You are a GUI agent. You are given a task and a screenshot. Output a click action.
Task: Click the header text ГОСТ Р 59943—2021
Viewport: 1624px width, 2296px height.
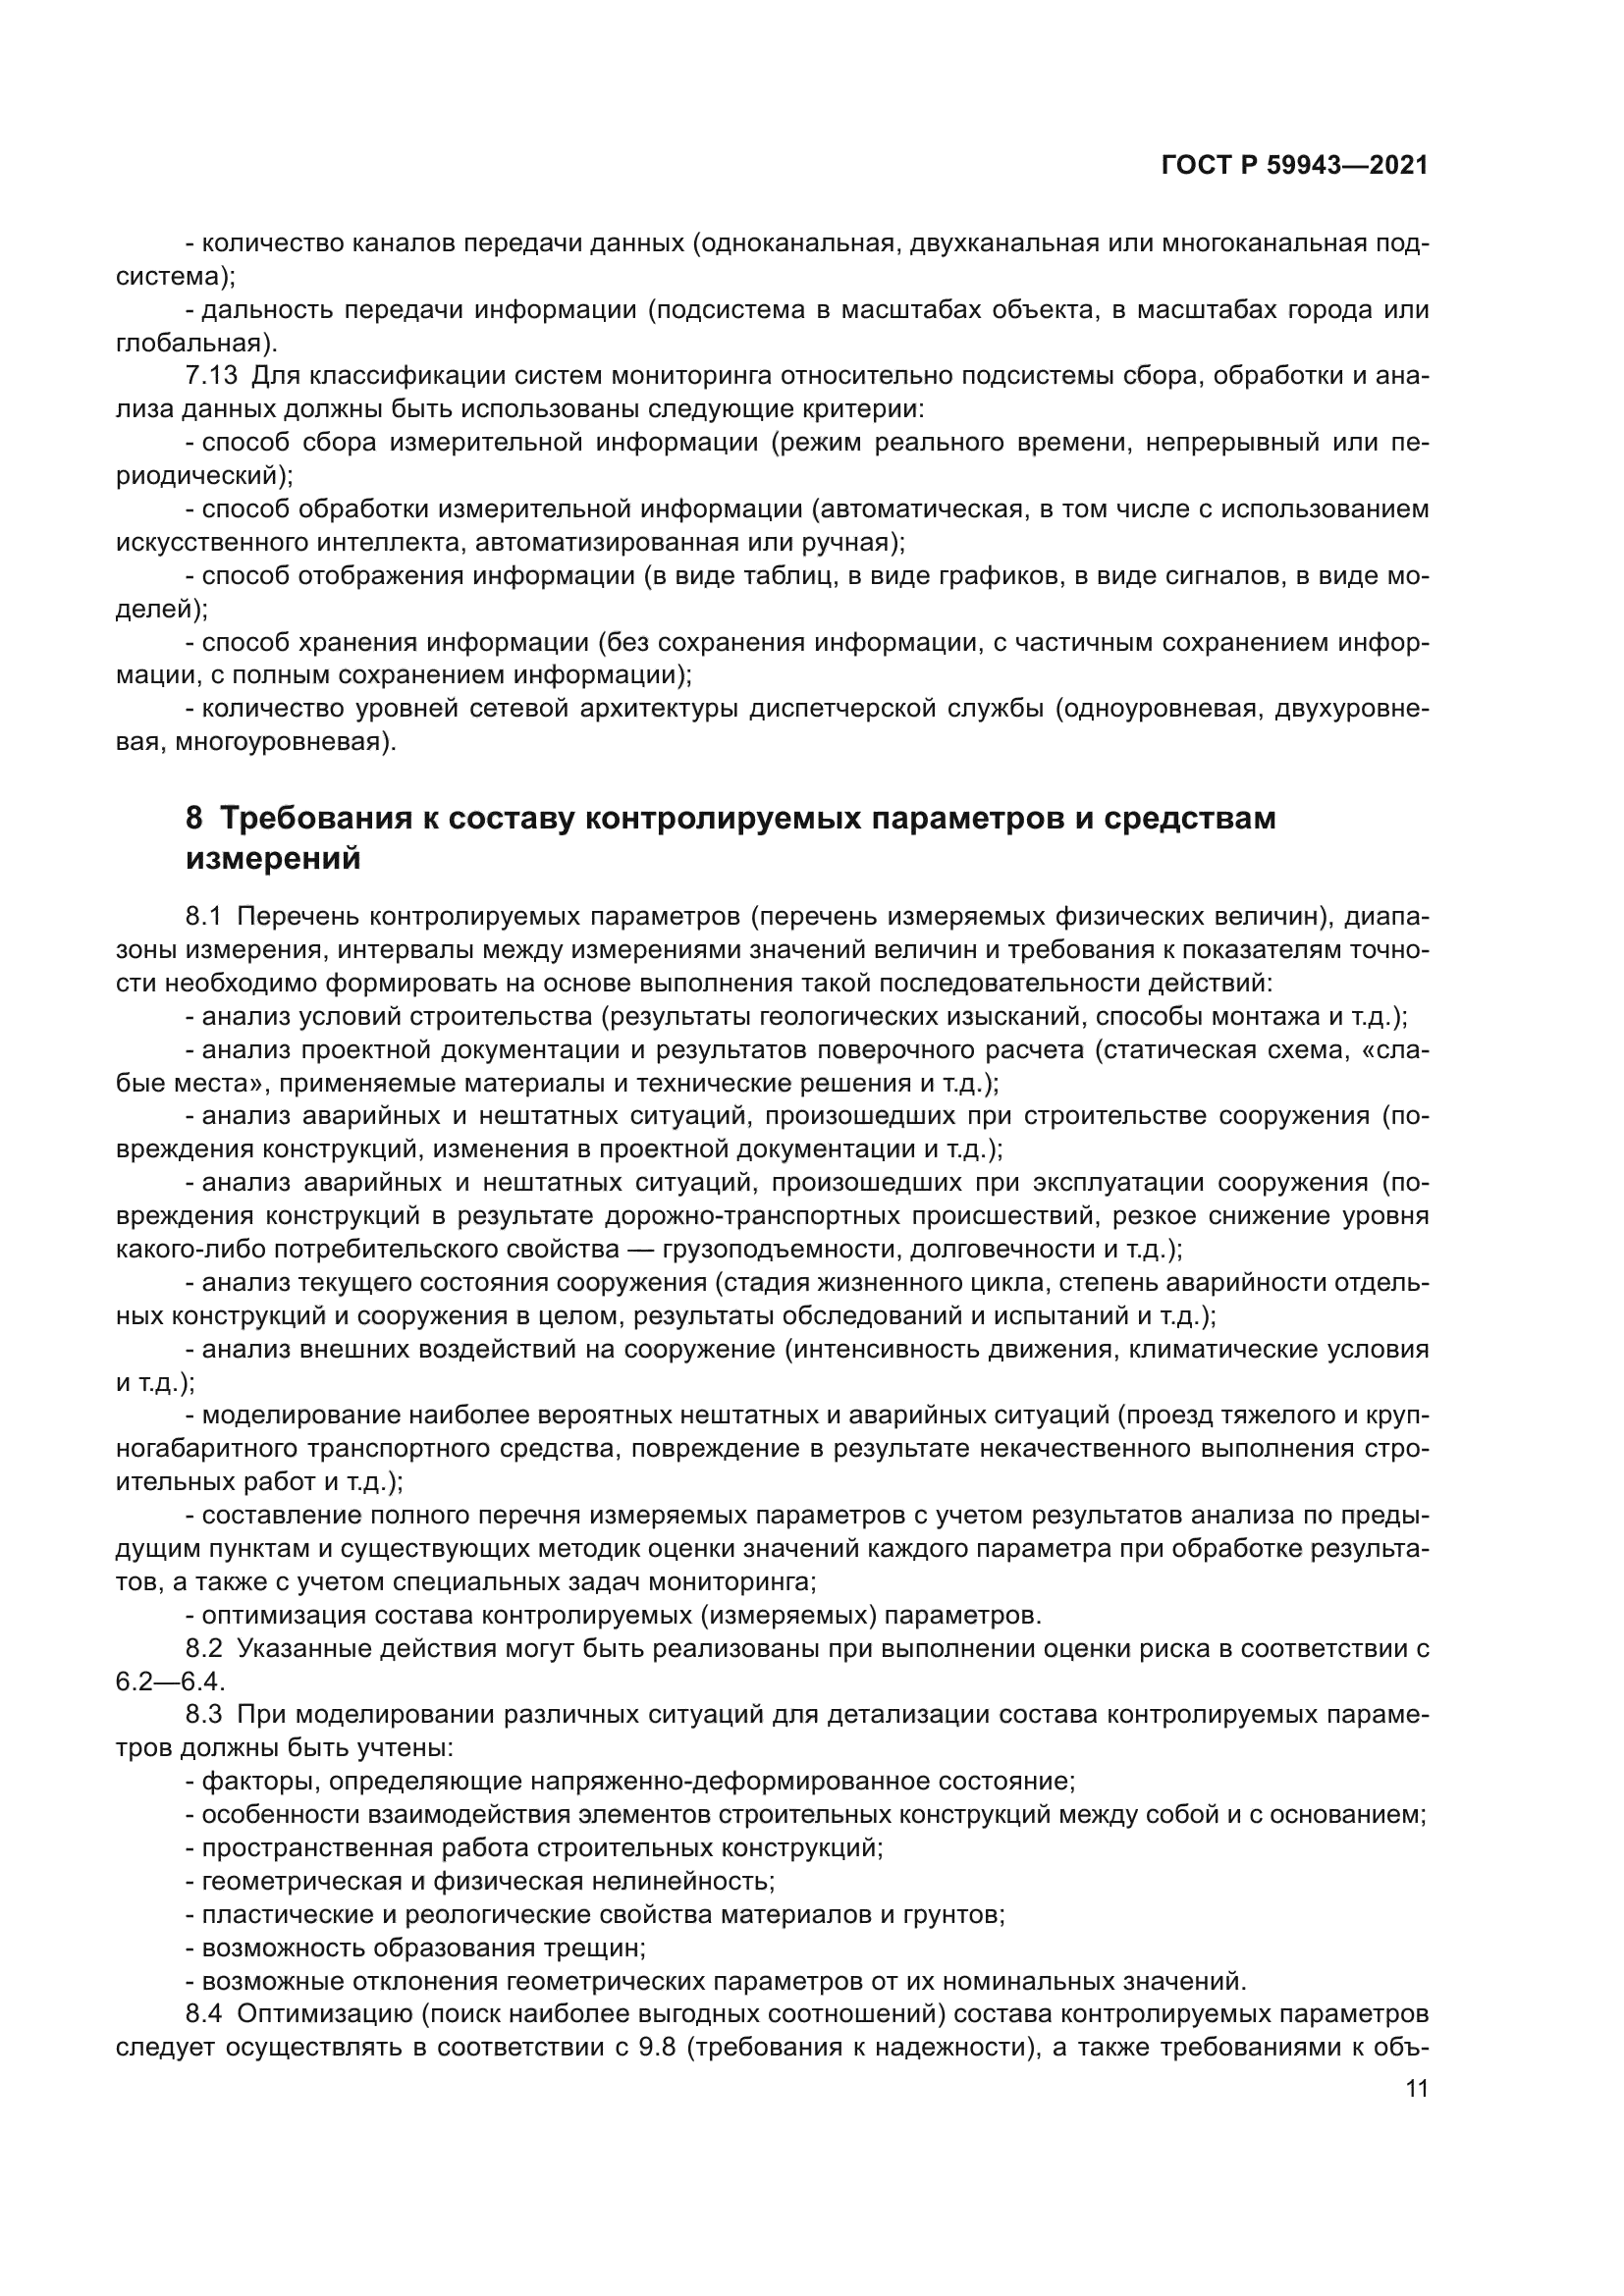pyautogui.click(x=1294, y=166)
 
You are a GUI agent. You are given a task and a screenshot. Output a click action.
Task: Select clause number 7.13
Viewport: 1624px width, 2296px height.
pyautogui.click(x=211, y=376)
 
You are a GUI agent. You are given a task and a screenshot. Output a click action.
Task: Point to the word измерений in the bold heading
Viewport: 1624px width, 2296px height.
pyautogui.click(x=273, y=858)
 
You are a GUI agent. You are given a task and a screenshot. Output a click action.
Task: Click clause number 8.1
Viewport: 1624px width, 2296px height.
pyautogui.click(x=205, y=916)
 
